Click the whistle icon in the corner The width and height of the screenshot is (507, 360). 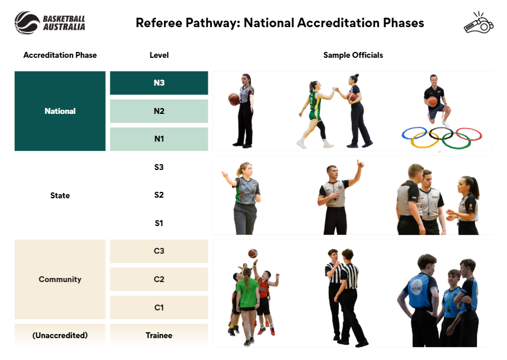[479, 22]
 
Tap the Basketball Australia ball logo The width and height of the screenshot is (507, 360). [27, 22]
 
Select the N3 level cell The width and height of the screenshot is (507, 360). [159, 83]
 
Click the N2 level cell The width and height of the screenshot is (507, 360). [159, 111]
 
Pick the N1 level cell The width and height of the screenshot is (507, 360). [159, 139]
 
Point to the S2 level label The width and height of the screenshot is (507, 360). [159, 195]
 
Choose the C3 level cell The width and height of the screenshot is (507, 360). [159, 251]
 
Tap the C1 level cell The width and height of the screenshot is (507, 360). [159, 307]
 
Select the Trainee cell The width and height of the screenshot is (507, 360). [159, 335]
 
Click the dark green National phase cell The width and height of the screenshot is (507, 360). [60, 111]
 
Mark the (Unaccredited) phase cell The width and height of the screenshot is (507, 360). [60, 335]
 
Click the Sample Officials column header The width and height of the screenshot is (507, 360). [353, 55]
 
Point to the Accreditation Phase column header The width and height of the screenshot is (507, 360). [60, 55]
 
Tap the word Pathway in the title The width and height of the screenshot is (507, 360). [212, 23]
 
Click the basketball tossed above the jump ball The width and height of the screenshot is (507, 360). [253, 253]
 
